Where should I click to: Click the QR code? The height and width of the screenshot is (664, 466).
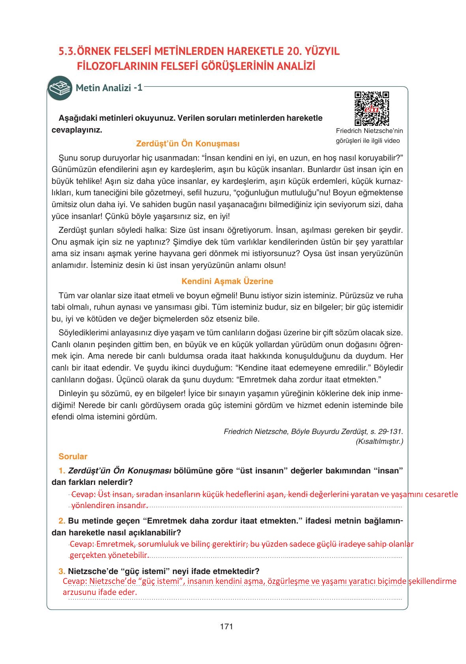(371, 108)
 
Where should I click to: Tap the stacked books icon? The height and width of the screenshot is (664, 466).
(60, 88)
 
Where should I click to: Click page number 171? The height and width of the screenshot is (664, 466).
(226, 626)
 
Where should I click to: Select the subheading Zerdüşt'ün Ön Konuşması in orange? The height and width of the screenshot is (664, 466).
(187, 144)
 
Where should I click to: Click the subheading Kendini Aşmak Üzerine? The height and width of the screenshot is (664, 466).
(227, 281)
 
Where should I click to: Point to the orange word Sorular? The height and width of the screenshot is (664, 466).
(73, 456)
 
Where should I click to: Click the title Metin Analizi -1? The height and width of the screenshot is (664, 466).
(109, 88)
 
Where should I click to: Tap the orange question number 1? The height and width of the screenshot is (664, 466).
(62, 471)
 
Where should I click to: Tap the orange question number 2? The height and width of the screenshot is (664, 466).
(62, 521)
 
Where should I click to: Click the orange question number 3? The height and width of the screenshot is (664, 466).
(62, 571)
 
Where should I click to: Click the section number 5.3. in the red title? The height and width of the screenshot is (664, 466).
(67, 51)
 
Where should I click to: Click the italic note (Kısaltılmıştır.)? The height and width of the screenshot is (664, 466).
(379, 441)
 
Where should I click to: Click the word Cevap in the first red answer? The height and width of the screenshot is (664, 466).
(83, 494)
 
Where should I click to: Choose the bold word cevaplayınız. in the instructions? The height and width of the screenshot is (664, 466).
(77, 130)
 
